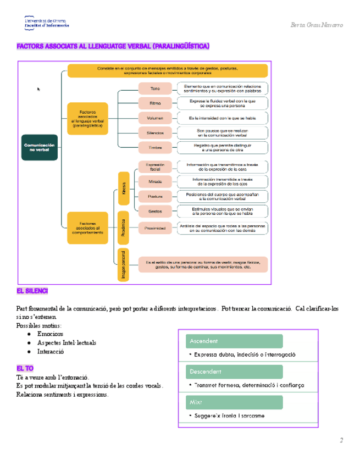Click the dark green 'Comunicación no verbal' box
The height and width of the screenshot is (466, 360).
point(40,148)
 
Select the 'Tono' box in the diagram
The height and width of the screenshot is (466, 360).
point(155,88)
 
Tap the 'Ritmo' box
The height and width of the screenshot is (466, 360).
point(155,103)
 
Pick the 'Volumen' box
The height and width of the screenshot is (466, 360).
point(155,118)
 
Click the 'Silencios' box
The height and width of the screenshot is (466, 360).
point(155,133)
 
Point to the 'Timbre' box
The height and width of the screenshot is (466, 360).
point(155,147)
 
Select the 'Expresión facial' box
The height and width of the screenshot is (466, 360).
point(155,167)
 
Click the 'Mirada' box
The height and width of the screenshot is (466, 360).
point(155,182)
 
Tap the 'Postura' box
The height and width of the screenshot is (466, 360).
point(155,196)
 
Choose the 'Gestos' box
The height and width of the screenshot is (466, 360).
point(155,211)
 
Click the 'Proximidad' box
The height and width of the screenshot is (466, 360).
point(155,228)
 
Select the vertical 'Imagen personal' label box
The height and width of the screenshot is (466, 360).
point(124,265)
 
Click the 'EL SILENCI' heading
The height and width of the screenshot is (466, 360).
point(32,290)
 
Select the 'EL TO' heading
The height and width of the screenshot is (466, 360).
point(25,368)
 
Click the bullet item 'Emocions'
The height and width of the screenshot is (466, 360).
point(50,334)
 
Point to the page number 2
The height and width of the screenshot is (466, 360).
point(341,440)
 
